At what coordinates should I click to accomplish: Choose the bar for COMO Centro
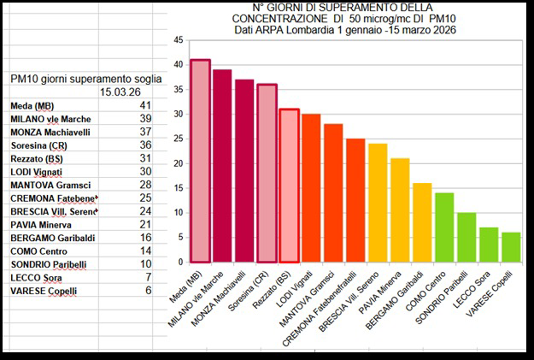pyautogui.click(x=444, y=227)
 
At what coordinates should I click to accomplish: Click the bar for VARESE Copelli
pyautogui.click(x=511, y=247)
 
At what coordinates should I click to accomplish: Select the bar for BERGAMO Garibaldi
pyautogui.click(x=422, y=222)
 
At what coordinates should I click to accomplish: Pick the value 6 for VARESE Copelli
pyautogui.click(x=148, y=290)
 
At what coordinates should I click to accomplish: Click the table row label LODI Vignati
pyautogui.click(x=36, y=172)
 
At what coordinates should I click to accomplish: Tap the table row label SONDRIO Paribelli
pyautogui.click(x=48, y=265)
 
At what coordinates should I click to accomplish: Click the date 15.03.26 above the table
pyautogui.click(x=120, y=92)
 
